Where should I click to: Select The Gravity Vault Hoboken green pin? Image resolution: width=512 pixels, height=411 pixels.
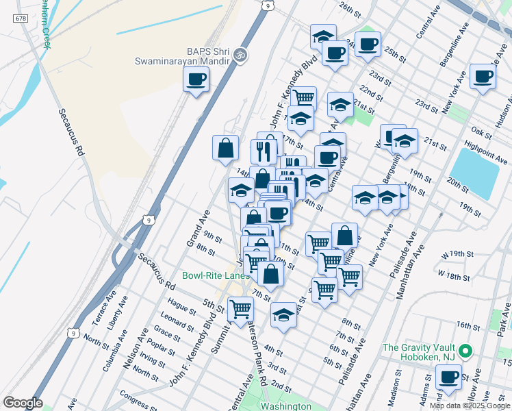[x=465, y=351]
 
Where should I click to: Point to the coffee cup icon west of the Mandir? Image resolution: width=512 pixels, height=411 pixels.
[x=196, y=80]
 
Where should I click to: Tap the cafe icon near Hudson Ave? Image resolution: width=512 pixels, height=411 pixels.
[x=483, y=77]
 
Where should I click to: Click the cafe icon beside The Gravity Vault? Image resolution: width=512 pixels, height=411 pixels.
[x=449, y=377]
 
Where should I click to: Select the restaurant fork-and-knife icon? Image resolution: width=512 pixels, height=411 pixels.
[x=264, y=149]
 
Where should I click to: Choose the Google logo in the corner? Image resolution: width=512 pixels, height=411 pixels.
[x=23, y=403]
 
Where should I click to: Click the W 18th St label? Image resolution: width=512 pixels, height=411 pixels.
[x=455, y=276]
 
